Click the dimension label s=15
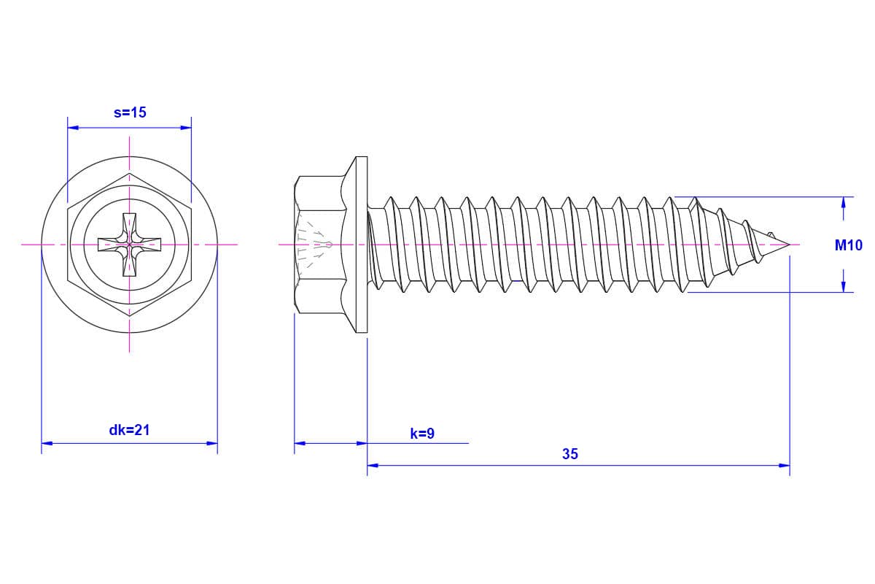click(130, 112)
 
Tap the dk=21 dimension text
click(129, 430)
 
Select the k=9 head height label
click(422, 434)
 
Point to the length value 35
click(570, 454)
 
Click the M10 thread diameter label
click(849, 245)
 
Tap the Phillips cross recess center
click(129, 245)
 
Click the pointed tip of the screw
click(790, 245)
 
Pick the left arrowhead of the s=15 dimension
click(73, 128)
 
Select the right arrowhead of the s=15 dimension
click(186, 128)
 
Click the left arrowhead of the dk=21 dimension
click(47, 443)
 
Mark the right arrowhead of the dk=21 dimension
click(211, 443)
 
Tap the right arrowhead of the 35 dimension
click(784, 466)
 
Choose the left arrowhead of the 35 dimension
click(373, 466)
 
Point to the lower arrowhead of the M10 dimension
click(844, 286)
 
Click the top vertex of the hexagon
click(129, 173)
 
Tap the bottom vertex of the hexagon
click(129, 316)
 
